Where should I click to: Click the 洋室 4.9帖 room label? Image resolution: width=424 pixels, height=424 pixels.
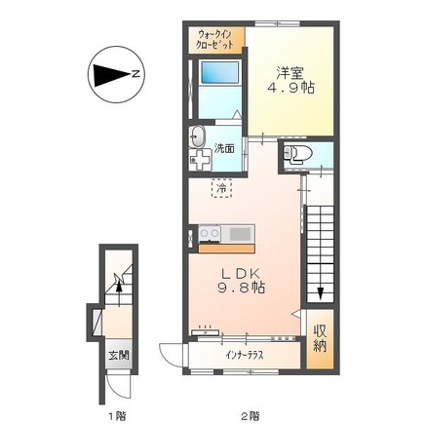[290, 80]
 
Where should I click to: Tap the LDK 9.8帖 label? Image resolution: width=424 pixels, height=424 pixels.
[241, 281]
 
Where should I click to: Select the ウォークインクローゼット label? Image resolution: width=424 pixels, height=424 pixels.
[215, 39]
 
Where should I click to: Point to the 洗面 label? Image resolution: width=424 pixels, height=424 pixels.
[224, 148]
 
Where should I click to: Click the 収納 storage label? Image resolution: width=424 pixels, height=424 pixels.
[320, 339]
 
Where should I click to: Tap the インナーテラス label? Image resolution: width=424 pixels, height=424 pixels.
[245, 355]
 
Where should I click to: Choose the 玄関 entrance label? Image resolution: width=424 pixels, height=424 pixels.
[119, 355]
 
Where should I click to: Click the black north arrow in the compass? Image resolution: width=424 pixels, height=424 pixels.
[112, 76]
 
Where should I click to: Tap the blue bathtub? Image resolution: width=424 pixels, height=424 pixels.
[220, 72]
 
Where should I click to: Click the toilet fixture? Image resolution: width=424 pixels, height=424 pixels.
[297, 153]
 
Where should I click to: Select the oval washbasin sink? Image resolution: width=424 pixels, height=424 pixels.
[197, 136]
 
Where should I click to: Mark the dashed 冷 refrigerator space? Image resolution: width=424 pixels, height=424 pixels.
[222, 188]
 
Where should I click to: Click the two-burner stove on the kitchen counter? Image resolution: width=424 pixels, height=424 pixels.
[210, 234]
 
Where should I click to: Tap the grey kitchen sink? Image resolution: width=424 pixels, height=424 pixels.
[241, 234]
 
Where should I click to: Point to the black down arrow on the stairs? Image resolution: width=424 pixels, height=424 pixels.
[321, 293]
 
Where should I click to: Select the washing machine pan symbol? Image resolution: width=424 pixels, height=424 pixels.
[201, 160]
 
